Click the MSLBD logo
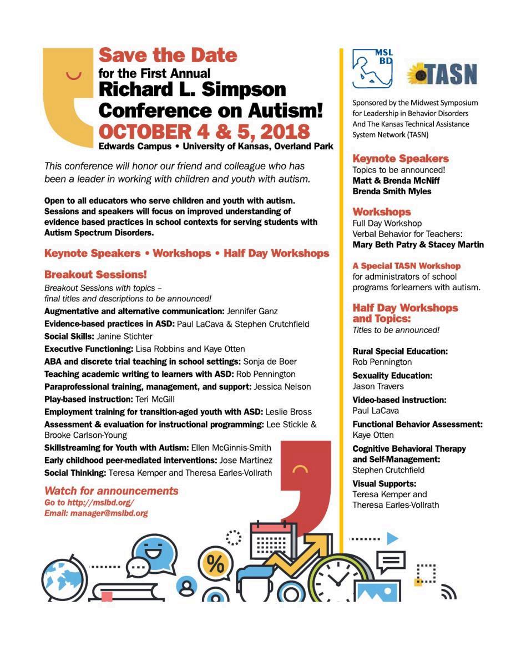[x=372, y=68]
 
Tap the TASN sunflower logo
[x=442, y=73]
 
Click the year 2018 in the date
[x=281, y=133]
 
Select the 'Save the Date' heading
[x=168, y=56]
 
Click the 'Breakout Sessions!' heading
[x=95, y=274]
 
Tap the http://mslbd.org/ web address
[x=100, y=503]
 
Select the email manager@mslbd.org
[x=109, y=513]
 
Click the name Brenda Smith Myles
[x=392, y=191]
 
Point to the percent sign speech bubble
[x=215, y=564]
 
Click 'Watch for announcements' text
[x=112, y=491]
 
